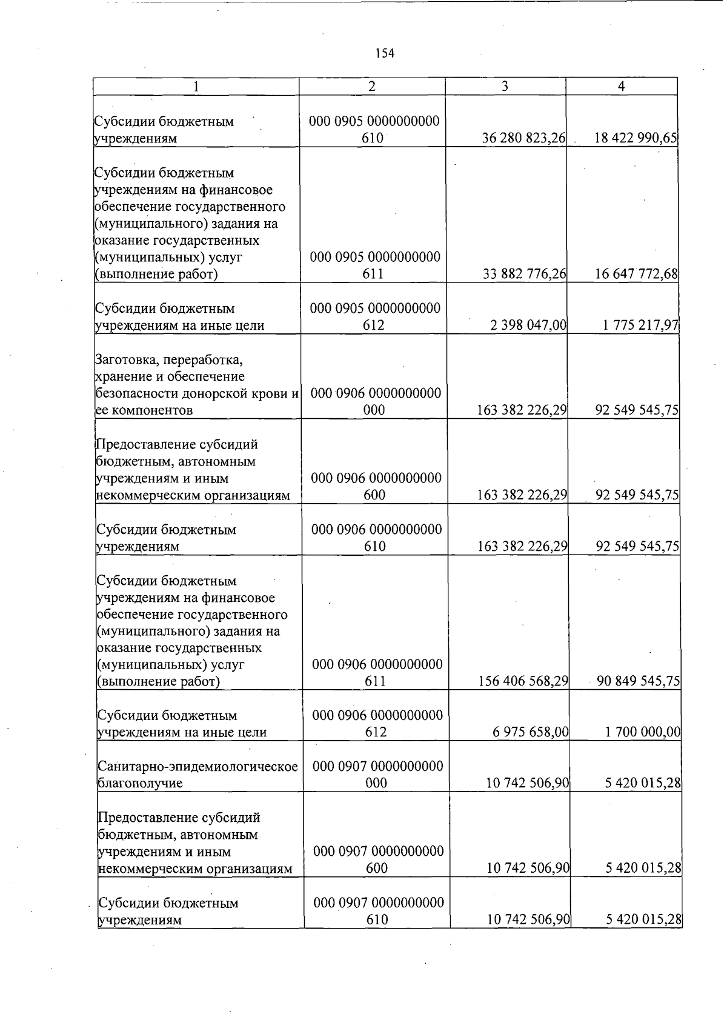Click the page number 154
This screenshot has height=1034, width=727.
point(385,53)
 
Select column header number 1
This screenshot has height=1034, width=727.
point(196,87)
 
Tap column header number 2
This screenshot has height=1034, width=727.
point(372,86)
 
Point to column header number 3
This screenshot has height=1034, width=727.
point(505,86)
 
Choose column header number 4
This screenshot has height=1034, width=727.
point(621,87)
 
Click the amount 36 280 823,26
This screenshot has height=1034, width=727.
point(523,138)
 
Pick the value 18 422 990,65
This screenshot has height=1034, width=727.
point(636,138)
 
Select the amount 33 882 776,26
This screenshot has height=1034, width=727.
point(524,274)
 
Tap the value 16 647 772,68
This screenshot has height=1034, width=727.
point(636,274)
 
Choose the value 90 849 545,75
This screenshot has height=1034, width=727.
point(639,681)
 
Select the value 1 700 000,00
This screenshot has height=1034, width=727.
point(643,732)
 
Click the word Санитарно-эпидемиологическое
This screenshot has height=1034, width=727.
point(198,767)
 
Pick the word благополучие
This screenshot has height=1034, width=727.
point(141,783)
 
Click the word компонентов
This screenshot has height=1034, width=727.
point(152,410)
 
